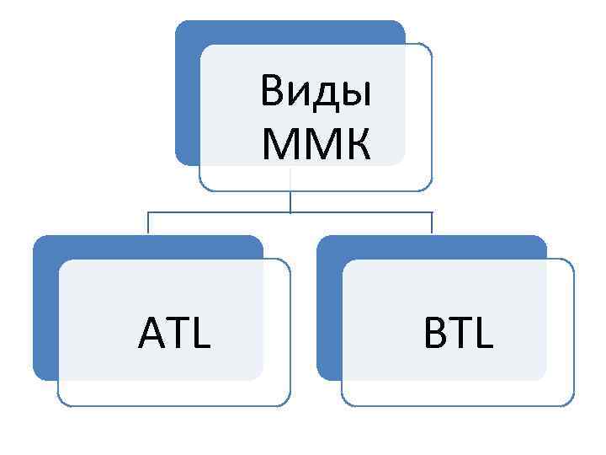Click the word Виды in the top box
316,91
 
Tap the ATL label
174,334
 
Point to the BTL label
459,334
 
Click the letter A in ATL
149,334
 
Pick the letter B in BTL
435,334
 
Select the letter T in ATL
176,334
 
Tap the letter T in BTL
460,334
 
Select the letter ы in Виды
356,94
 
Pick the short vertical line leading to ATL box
148,223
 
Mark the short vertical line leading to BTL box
432,223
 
